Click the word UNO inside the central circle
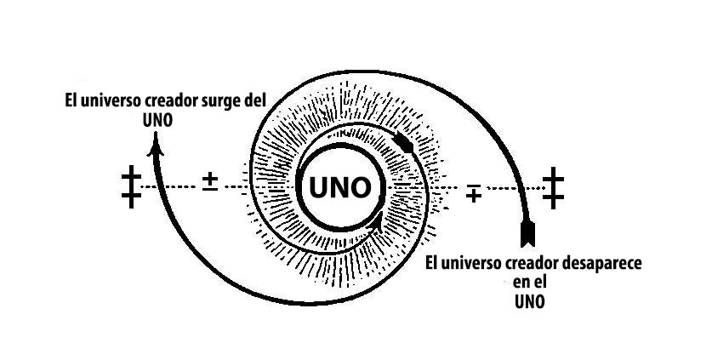339,186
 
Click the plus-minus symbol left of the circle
210,182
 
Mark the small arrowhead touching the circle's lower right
375,224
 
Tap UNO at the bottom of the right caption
529,300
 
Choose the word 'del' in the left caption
253,100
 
